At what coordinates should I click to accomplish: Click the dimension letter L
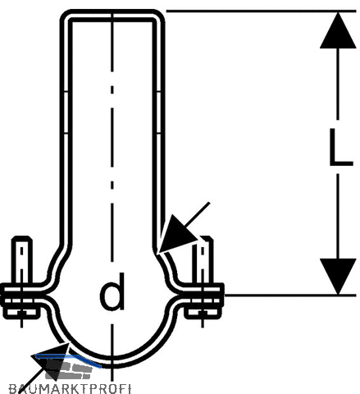point(340,147)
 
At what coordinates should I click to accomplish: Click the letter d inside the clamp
point(112,291)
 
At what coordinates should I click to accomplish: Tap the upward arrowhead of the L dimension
point(338,30)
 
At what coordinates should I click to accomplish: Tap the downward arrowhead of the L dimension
point(338,277)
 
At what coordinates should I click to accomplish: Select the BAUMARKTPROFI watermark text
point(70,389)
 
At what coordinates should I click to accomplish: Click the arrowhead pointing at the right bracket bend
point(175,236)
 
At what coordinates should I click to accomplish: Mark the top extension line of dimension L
point(261,11)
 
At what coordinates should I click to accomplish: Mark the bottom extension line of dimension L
point(289,295)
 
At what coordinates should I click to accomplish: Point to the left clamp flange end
point(2,295)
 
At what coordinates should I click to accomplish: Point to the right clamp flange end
point(221,295)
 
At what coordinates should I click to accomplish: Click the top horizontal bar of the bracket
point(112,15)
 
